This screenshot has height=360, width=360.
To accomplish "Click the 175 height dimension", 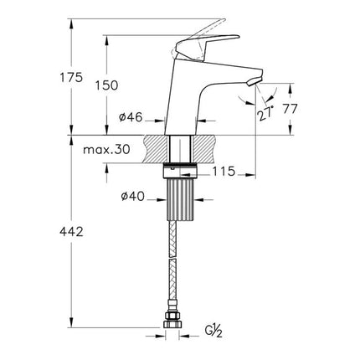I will [x=74, y=77].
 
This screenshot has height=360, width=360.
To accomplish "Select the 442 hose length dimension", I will [x=74, y=236].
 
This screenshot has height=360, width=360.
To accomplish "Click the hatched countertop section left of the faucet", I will [x=155, y=148].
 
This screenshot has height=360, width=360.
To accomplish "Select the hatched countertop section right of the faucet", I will [x=205, y=148].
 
